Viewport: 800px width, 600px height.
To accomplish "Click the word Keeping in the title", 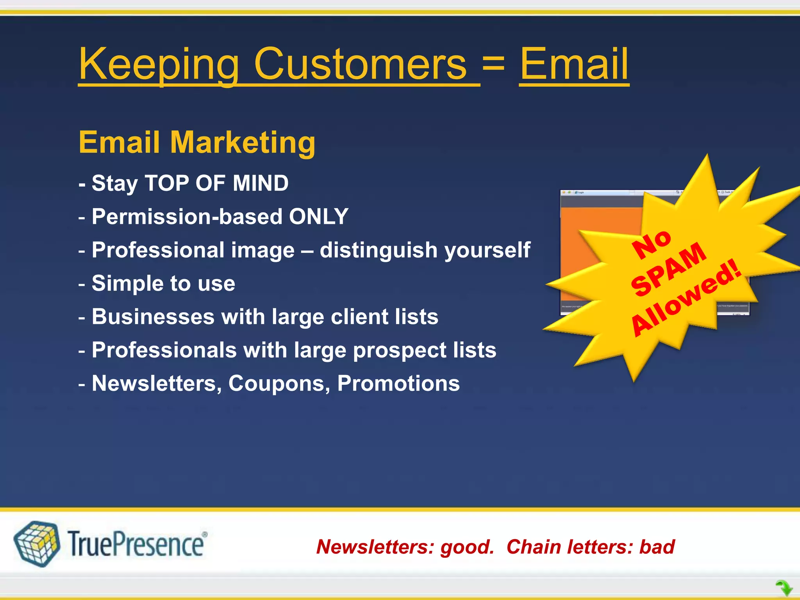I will [158, 64].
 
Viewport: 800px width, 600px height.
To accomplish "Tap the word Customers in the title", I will [360, 64].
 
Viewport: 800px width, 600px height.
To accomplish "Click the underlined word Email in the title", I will [574, 64].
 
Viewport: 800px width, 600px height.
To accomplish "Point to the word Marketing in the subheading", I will [243, 143].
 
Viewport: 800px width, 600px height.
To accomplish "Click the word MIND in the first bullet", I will [261, 183].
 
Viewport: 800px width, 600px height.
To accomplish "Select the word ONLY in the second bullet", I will [318, 216].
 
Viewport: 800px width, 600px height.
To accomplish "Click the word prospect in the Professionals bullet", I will [400, 350].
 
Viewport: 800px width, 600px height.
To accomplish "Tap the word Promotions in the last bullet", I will [398, 384].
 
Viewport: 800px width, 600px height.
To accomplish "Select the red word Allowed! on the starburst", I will [686, 299].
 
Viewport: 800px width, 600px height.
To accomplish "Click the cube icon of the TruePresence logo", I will [37, 543].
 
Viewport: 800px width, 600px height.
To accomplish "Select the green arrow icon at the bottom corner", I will [784, 587].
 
